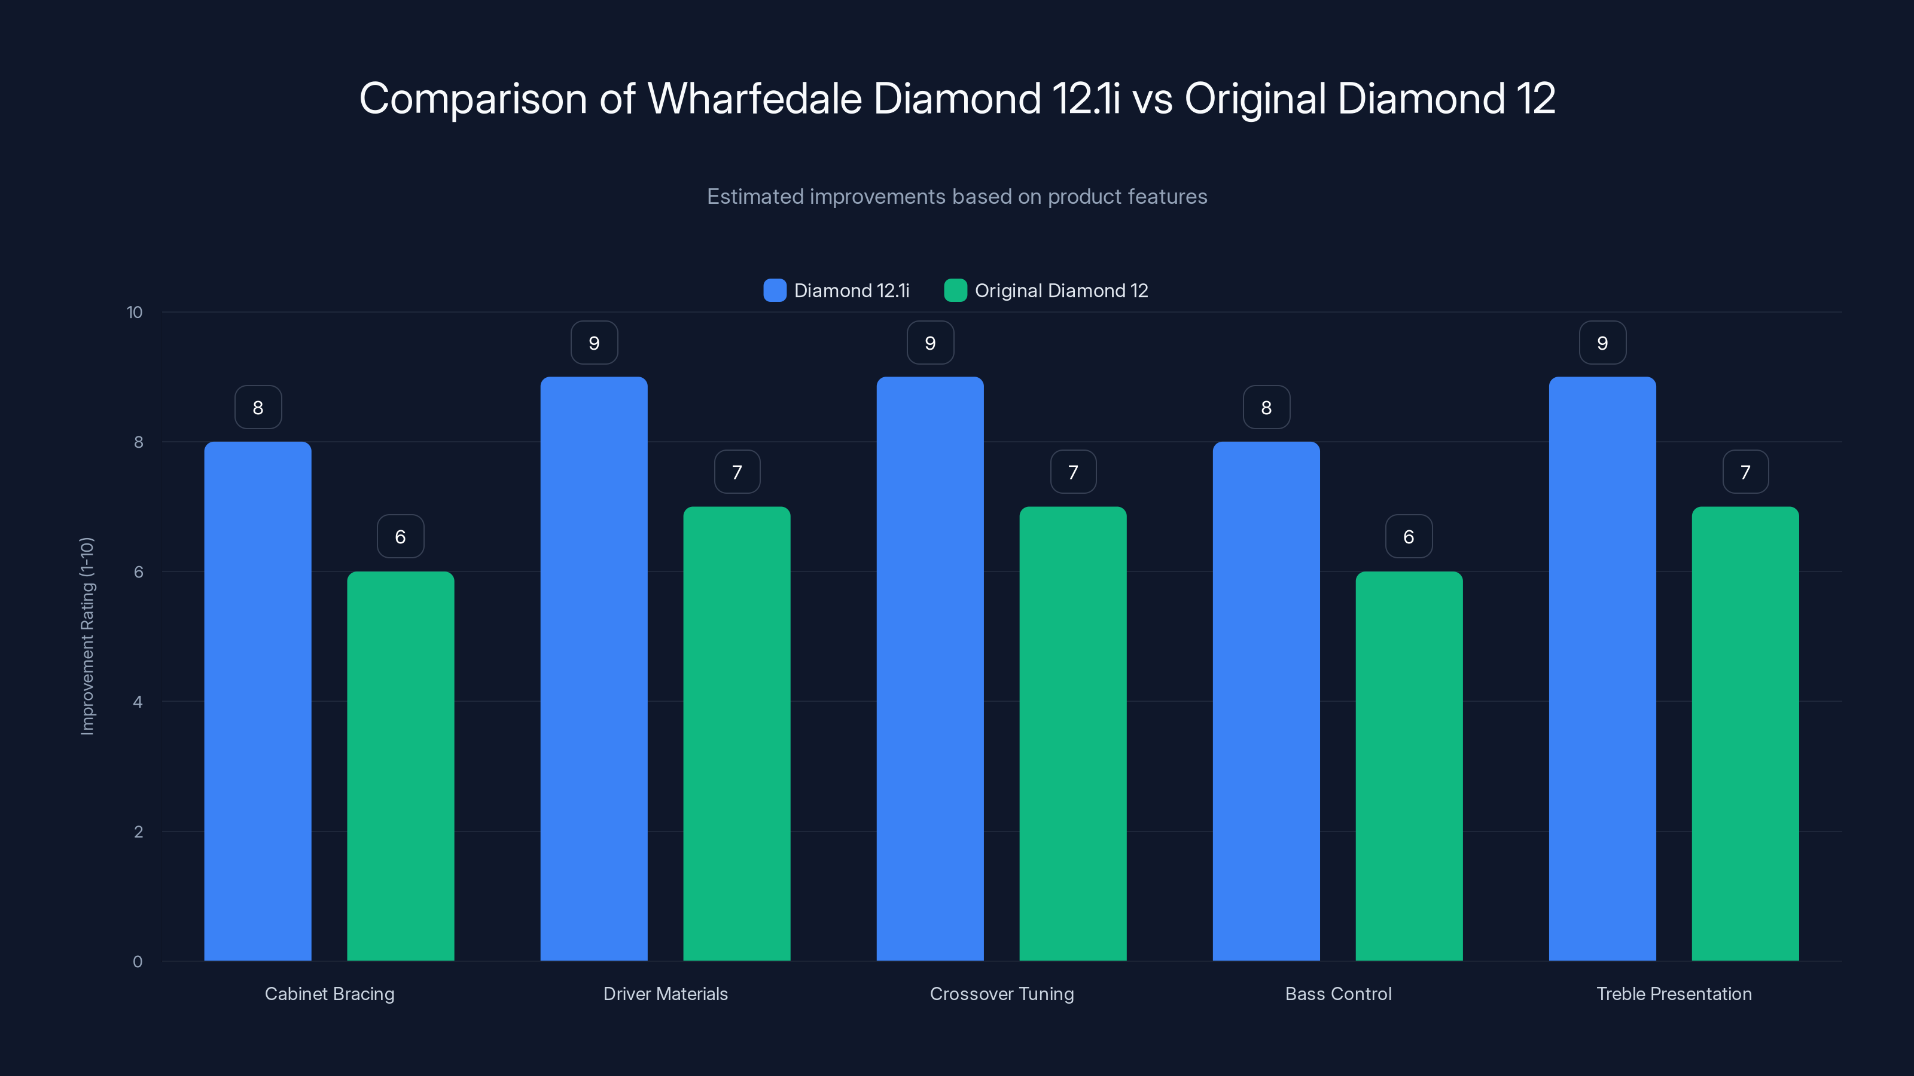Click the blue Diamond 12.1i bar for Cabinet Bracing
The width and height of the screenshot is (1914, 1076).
(258, 701)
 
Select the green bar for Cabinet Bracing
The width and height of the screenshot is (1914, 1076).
(401, 766)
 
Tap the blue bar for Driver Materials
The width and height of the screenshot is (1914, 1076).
(594, 668)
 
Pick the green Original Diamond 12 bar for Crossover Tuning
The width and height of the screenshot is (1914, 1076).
(1073, 733)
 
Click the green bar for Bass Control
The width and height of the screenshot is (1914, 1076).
(1409, 766)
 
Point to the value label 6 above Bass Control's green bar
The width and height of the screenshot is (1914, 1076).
(1409, 536)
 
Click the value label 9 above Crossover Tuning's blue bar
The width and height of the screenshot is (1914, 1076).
(930, 343)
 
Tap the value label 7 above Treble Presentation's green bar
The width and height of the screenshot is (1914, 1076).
(1745, 472)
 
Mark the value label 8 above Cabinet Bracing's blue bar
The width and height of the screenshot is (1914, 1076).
(258, 407)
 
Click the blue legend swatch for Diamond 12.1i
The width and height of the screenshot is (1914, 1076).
(775, 291)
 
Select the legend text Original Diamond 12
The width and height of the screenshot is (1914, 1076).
(1061, 291)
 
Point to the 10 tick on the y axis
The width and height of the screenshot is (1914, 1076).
(135, 312)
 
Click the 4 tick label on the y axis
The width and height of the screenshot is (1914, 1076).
(138, 702)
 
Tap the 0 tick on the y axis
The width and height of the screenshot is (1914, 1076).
(138, 962)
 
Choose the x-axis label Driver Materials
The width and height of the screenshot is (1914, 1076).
(665, 994)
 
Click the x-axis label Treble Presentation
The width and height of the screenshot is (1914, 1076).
(1674, 994)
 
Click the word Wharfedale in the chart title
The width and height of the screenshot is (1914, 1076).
(754, 98)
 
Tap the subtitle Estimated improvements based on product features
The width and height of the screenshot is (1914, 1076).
(957, 196)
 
